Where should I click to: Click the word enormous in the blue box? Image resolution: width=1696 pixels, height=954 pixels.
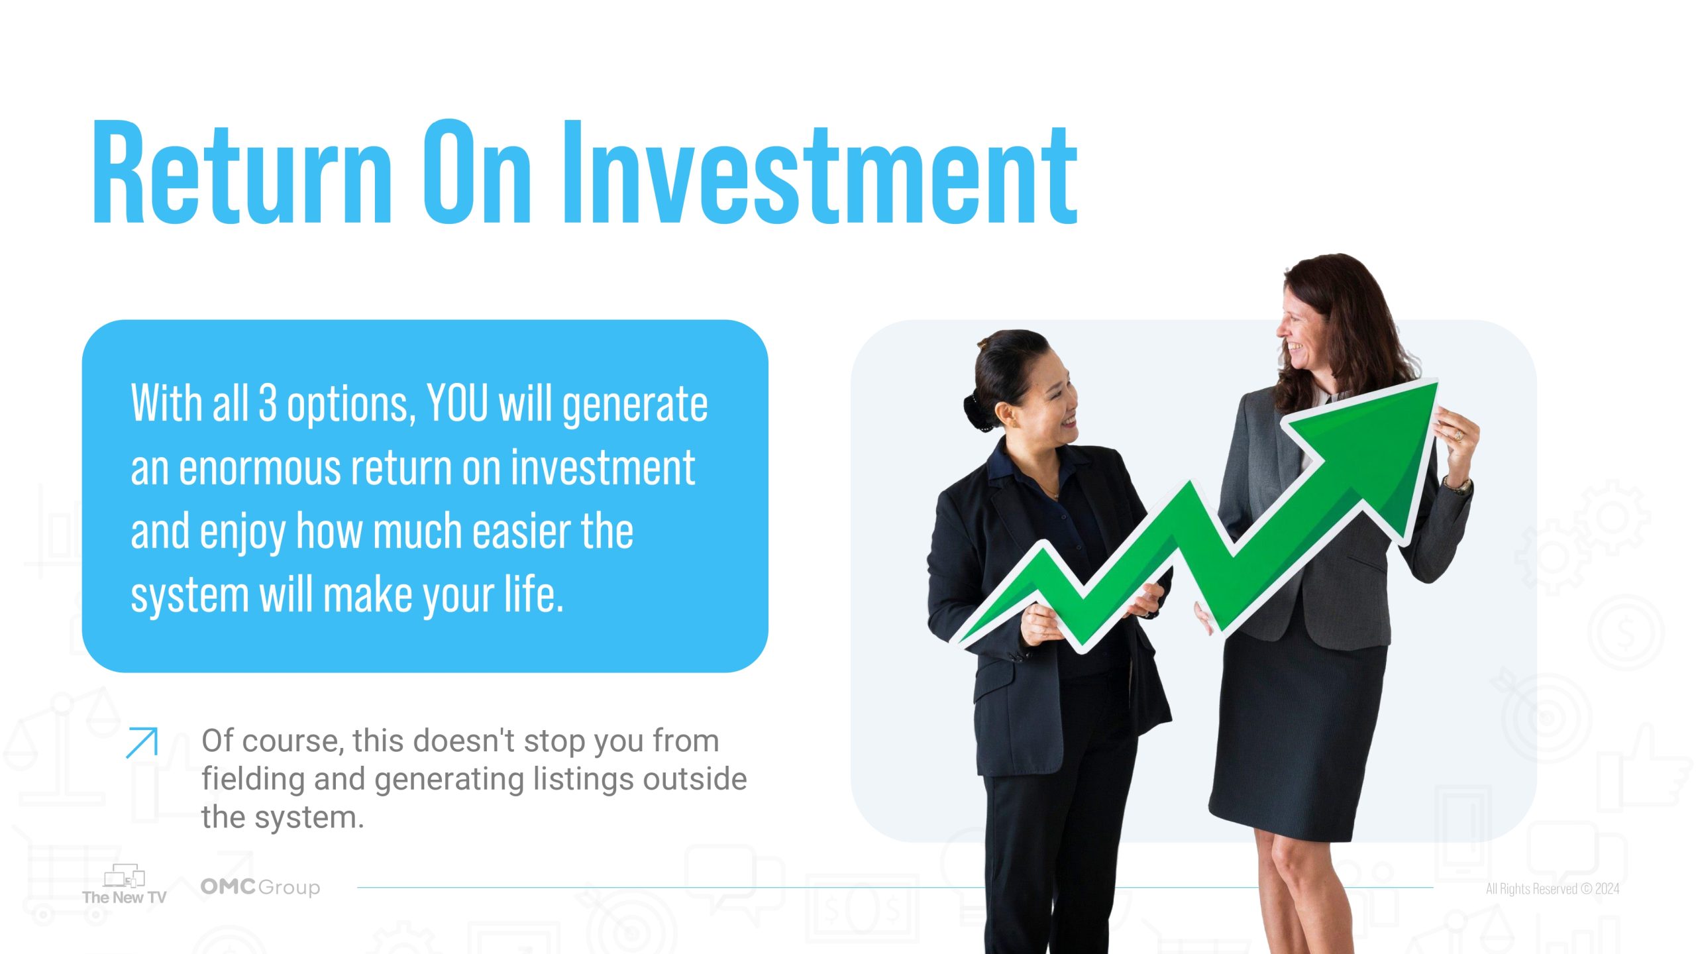pyautogui.click(x=259, y=468)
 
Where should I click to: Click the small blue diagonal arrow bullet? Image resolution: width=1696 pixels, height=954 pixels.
pyautogui.click(x=142, y=742)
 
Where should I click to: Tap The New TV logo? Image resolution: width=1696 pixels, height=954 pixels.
pyautogui.click(x=124, y=884)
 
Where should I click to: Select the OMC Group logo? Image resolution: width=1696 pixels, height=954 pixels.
pyautogui.click(x=260, y=887)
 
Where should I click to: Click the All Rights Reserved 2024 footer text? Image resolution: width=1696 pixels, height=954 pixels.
pyautogui.click(x=1552, y=888)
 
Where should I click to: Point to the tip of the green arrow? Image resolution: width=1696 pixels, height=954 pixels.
pyautogui.click(x=1436, y=382)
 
